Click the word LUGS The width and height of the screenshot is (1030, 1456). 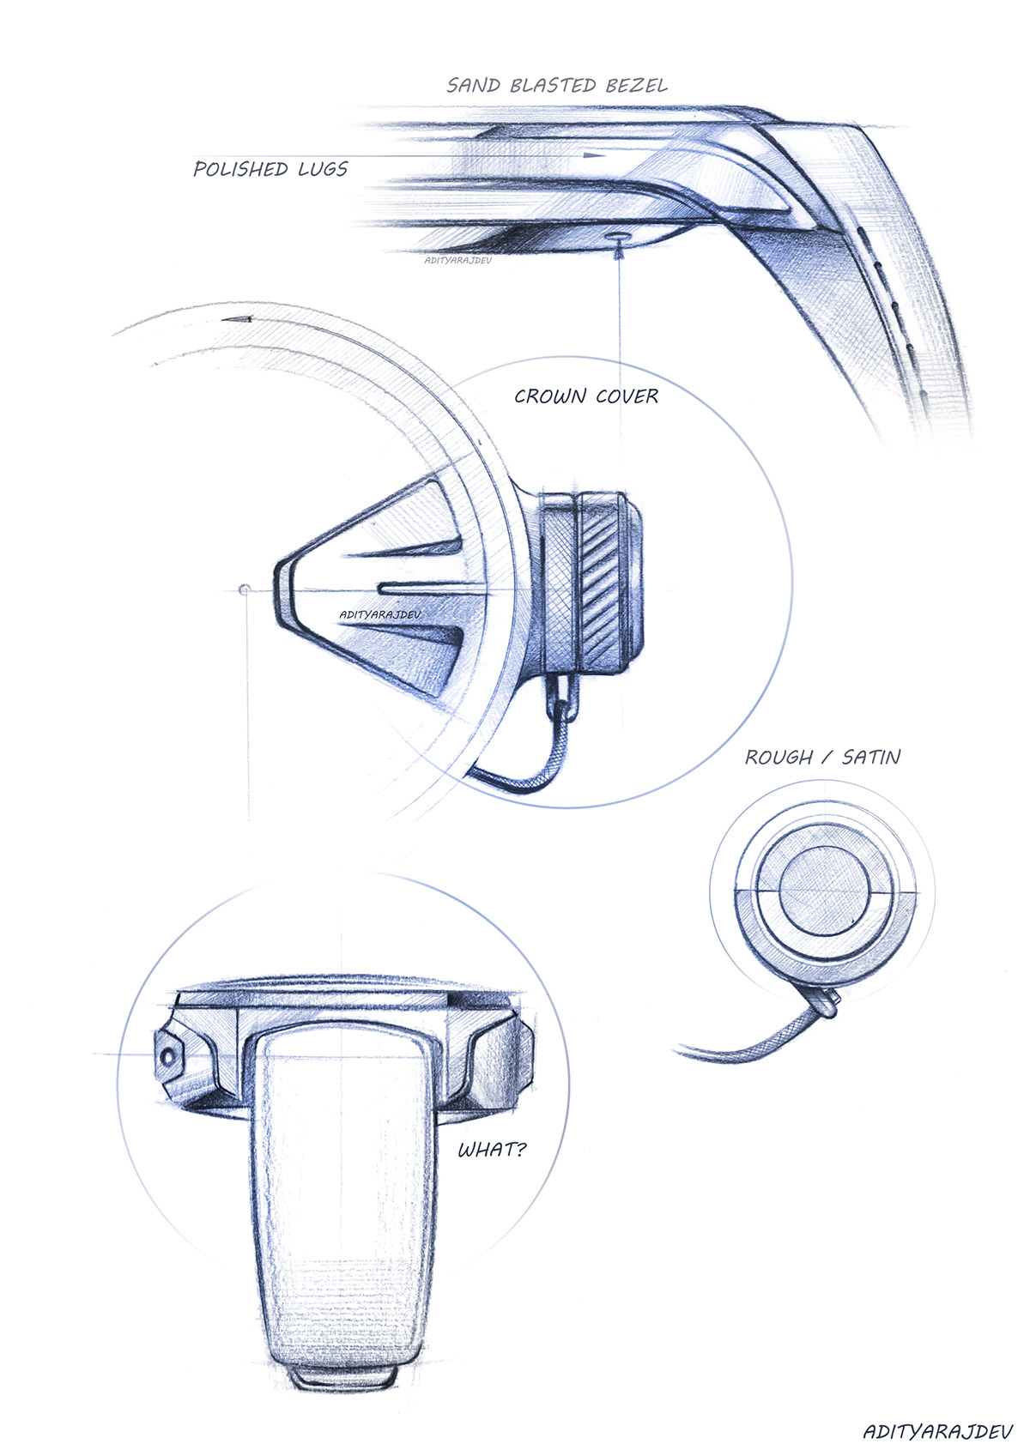(323, 169)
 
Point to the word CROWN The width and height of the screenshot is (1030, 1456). (550, 396)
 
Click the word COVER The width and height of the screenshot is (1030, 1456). (627, 396)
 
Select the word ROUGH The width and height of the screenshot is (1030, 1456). (779, 758)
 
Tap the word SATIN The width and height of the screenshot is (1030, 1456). (871, 758)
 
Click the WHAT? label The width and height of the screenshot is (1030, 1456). (492, 1150)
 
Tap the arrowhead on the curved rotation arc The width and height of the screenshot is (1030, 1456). (236, 319)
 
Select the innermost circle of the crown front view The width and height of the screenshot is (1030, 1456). (824, 891)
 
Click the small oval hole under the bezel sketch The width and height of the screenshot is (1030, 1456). (619, 235)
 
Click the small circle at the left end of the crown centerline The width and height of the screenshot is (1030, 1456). (245, 589)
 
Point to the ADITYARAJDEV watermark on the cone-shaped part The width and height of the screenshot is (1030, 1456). (379, 614)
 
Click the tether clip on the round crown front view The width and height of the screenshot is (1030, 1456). (824, 1002)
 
